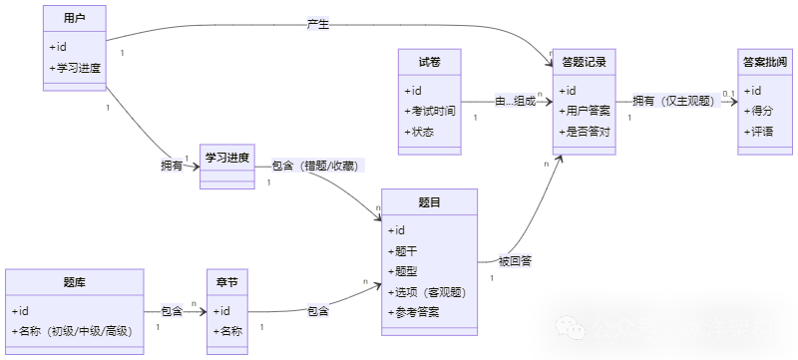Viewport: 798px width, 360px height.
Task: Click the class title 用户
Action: pyautogui.click(x=74, y=18)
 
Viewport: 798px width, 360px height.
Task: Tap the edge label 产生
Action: pyautogui.click(x=318, y=23)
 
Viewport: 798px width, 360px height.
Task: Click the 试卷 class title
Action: pyautogui.click(x=428, y=61)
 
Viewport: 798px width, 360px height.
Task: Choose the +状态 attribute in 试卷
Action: pyautogui.click(x=419, y=132)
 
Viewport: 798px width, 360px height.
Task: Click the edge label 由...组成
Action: pyautogui.click(x=516, y=101)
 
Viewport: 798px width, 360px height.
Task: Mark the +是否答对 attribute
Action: pyautogui.click(x=586, y=132)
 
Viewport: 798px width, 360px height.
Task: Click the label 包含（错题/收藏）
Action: pyautogui.click(x=315, y=166)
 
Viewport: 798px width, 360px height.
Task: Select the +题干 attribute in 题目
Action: pyautogui.click(x=404, y=250)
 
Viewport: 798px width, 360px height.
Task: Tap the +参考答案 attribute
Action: pyautogui.click(x=414, y=312)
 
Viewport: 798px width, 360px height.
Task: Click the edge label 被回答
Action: pyautogui.click(x=515, y=261)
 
